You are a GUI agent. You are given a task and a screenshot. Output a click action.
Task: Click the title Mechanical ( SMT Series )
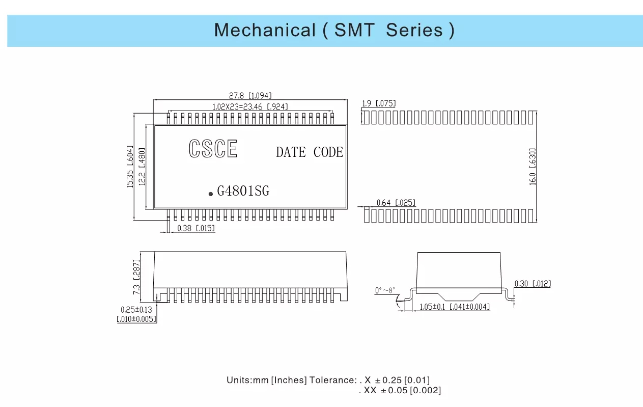(x=334, y=31)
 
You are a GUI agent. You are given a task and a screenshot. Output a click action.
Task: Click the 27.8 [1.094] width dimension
(x=250, y=95)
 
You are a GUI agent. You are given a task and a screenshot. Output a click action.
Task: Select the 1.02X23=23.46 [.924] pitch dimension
(x=250, y=107)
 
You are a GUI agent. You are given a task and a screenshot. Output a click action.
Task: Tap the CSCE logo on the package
(x=213, y=149)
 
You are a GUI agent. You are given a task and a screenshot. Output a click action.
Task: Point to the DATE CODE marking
(x=310, y=152)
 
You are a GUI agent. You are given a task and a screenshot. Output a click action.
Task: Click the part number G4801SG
(x=243, y=192)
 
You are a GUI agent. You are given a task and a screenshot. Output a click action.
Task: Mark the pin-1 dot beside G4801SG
(x=211, y=194)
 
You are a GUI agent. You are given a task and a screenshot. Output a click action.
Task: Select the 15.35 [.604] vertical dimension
(x=130, y=167)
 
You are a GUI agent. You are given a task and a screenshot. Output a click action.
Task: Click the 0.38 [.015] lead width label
(x=196, y=229)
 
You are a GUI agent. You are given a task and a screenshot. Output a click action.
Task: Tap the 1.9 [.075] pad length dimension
(x=378, y=104)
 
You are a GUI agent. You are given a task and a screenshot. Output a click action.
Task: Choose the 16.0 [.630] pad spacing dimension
(x=533, y=167)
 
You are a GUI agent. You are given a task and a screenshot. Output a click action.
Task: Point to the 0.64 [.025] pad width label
(x=396, y=203)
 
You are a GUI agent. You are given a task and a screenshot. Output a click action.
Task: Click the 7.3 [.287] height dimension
(x=136, y=277)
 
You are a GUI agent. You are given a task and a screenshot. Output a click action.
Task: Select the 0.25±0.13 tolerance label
(x=136, y=309)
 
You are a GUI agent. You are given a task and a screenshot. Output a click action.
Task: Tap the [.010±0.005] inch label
(x=136, y=319)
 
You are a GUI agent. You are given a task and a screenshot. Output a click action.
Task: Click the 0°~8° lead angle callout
(x=385, y=290)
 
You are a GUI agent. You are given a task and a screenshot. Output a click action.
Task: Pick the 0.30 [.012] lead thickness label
(x=533, y=284)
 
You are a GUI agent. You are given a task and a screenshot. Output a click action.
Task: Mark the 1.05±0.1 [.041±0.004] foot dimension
(x=451, y=307)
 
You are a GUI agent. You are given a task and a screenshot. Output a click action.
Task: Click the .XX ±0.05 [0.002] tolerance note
(x=400, y=391)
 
